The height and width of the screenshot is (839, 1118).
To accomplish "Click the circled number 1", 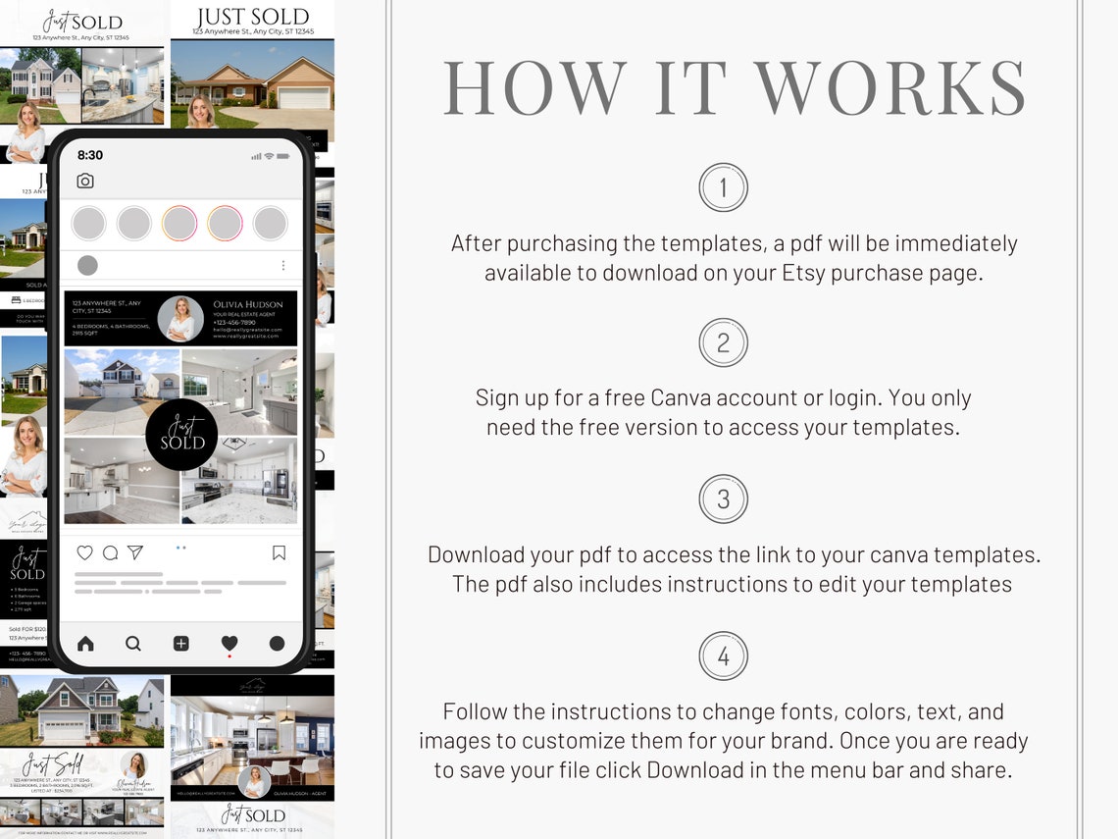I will click(x=723, y=187).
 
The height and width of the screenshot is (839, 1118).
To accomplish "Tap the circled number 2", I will click(x=723, y=343).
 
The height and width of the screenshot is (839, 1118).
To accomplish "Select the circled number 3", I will click(x=723, y=499).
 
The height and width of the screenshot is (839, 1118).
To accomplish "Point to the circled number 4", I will click(x=723, y=656).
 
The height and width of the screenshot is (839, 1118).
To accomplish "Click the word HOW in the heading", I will click(x=534, y=88).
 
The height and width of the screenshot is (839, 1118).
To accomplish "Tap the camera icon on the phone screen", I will click(x=85, y=181).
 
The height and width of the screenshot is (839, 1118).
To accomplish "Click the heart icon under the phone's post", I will click(x=85, y=553).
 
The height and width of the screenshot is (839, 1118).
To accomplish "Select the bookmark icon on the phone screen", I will click(x=279, y=553).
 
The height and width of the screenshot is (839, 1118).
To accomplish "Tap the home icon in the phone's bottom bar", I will click(x=85, y=644).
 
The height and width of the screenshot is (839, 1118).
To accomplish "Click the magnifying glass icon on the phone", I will click(x=133, y=644).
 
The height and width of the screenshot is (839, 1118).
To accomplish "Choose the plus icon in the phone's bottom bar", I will click(x=181, y=644).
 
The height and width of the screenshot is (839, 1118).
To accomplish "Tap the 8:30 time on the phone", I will click(x=90, y=155).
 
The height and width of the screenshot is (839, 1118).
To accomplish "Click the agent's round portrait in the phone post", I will click(x=180, y=319).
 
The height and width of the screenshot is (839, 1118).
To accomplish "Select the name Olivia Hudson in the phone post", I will click(x=247, y=304).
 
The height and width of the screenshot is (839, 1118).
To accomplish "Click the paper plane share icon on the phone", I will click(x=135, y=553).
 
